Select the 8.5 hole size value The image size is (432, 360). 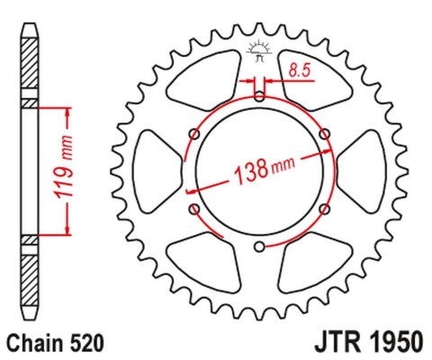click(x=300, y=67)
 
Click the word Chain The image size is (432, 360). click(x=33, y=343)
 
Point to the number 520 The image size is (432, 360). click(x=90, y=343)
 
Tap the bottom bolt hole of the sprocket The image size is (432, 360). click(x=259, y=248)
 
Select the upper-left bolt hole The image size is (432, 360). click(x=193, y=134)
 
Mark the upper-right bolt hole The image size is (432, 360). click(x=325, y=134)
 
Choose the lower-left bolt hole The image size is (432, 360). click(x=193, y=210)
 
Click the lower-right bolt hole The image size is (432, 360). click(x=325, y=210)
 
